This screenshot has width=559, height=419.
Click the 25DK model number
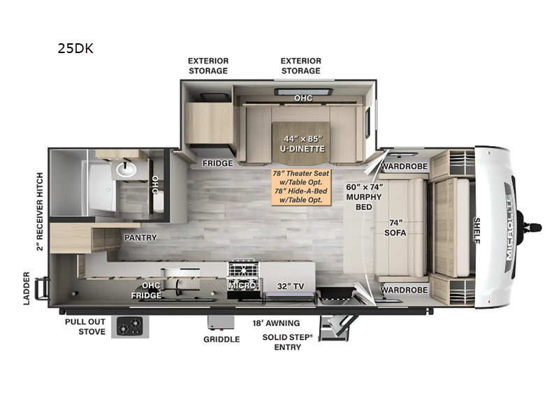75,48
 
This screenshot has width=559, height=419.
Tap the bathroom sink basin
126,169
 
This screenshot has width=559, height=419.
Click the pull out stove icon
130,326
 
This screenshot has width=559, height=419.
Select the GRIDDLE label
222,339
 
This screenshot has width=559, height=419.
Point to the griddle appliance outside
222,323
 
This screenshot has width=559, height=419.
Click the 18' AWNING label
276,323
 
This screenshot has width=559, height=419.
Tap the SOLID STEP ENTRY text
287,342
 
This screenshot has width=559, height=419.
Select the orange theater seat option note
301,186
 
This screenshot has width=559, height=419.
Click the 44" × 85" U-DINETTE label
303,144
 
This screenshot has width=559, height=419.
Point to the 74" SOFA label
395,228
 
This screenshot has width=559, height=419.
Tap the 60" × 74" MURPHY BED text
364,197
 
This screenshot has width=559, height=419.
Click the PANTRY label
140,237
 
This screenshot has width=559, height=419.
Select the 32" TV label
291,286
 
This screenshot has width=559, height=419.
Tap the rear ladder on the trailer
41,288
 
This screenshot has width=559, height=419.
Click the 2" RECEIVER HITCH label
40,212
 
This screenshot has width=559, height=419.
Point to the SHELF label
477,230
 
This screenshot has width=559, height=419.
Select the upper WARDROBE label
405,166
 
